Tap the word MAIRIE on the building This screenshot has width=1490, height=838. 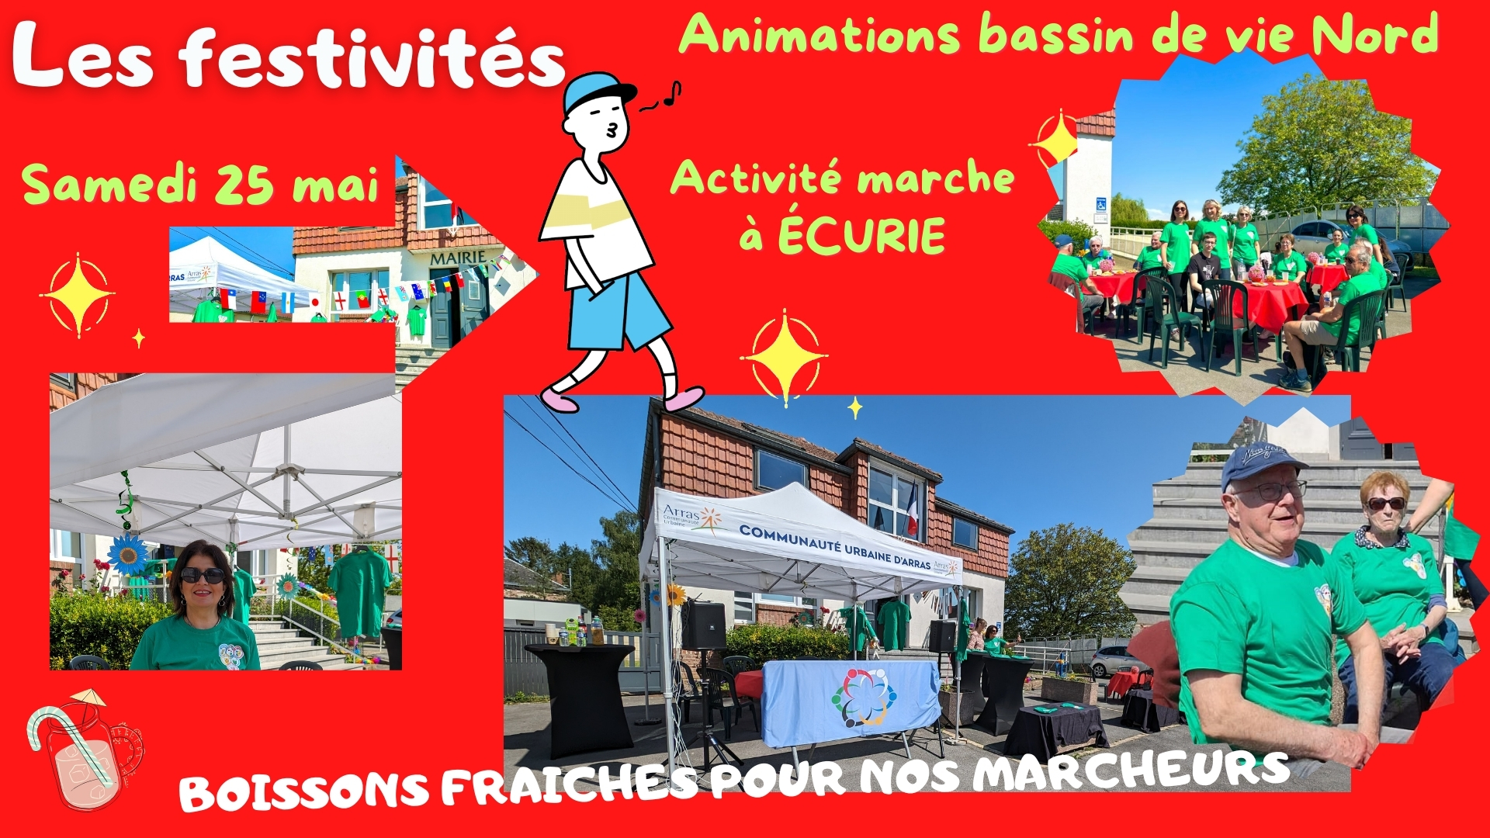(x=458, y=258)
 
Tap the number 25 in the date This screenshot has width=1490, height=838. (x=244, y=186)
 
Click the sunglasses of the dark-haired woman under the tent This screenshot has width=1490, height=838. (x=203, y=576)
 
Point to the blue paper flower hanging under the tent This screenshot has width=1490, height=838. (x=128, y=554)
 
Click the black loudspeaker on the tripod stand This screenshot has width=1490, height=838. (x=704, y=625)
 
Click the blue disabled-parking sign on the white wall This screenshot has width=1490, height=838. (x=1100, y=205)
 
